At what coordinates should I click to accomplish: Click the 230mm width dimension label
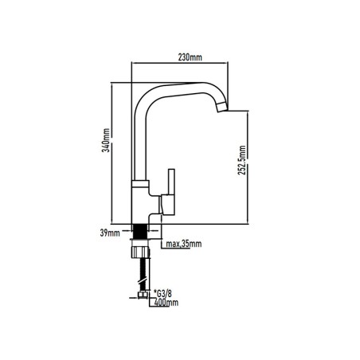point(190,57)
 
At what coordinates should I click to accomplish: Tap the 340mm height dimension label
point(106,140)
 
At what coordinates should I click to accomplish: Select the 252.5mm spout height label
point(242,160)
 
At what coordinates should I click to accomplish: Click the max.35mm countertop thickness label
point(184,244)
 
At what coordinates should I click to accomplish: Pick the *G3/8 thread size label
point(162,294)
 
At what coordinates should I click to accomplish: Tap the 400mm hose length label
point(166,303)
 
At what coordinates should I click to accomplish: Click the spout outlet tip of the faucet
point(222,107)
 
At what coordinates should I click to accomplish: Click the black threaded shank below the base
point(140,232)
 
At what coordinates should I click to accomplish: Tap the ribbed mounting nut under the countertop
point(140,252)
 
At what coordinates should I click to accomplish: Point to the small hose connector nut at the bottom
point(143,295)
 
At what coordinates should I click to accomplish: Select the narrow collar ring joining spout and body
point(140,183)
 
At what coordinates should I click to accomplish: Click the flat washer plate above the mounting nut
point(140,241)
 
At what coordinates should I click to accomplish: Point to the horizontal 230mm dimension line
point(180,63)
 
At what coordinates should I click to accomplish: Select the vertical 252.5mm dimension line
point(247,167)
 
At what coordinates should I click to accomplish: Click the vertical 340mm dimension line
point(112,153)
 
